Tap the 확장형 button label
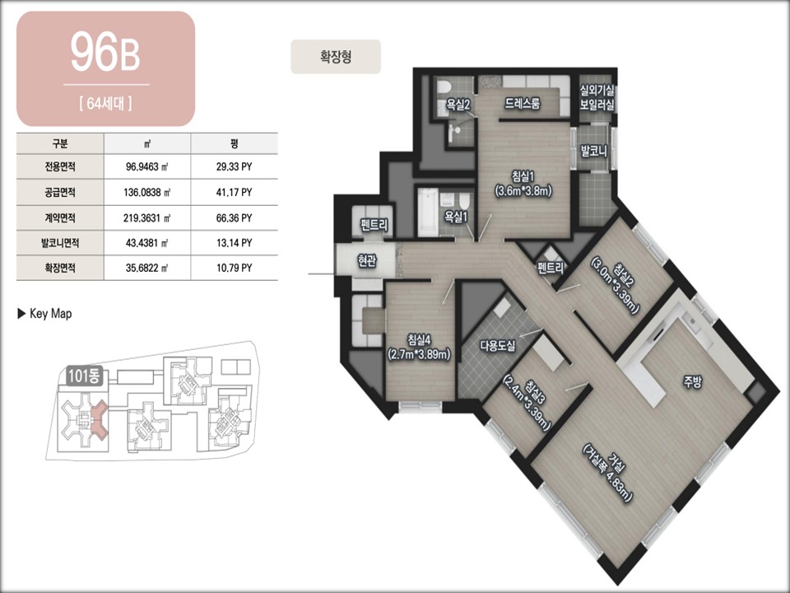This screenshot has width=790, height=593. point(336,57)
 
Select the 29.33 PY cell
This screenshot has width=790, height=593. point(235,166)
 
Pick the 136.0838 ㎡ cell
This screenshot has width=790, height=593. point(147,192)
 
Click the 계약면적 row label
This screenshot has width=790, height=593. point(60,217)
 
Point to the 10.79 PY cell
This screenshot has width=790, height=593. point(235,268)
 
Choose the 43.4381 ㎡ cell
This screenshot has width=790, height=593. point(147,243)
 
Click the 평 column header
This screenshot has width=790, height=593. point(235,143)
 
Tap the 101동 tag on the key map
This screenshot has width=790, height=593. point(85,376)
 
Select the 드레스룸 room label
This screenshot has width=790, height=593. point(523,104)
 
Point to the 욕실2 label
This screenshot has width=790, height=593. point(458,105)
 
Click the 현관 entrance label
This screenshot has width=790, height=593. point(366,260)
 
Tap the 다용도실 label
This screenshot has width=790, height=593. point(497,345)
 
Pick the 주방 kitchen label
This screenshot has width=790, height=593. point(692,382)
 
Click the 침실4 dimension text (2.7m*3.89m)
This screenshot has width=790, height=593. point(419,354)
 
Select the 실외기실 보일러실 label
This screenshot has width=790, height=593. point(597,97)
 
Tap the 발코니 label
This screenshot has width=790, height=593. point(594,151)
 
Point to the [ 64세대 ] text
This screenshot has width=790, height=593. point(106,104)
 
